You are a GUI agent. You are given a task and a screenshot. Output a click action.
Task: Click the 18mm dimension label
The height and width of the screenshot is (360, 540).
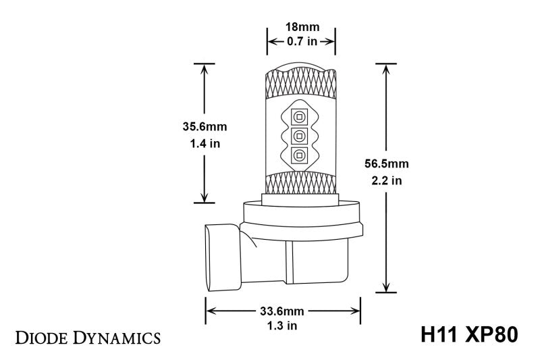pyautogui.click(x=301, y=27)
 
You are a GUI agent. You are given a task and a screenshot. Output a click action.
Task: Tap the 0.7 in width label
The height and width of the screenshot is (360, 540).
pyautogui.click(x=301, y=41)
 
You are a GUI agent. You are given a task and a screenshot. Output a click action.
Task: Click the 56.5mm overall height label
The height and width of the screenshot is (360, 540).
pyautogui.click(x=386, y=164)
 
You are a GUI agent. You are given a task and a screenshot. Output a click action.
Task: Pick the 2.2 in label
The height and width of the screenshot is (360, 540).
pyautogui.click(x=386, y=180)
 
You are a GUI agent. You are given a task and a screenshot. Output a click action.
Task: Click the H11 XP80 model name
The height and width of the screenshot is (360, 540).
pyautogui.click(x=469, y=335)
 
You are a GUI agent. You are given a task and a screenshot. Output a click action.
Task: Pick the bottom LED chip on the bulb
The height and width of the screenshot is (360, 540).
pyautogui.click(x=298, y=156)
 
